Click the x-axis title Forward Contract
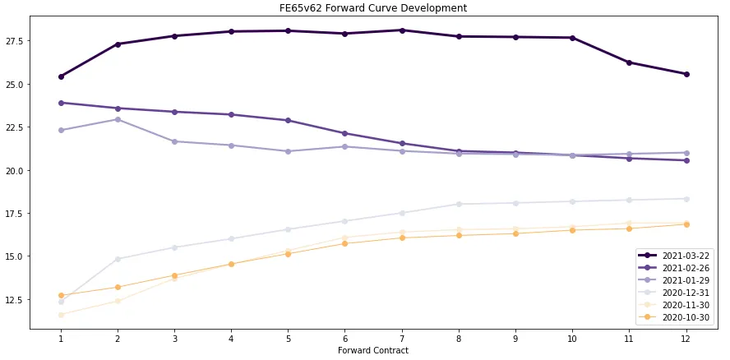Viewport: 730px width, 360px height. (372, 351)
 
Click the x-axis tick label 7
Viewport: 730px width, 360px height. (401, 338)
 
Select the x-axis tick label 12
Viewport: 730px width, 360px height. (685, 338)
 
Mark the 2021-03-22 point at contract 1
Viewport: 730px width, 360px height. (61, 76)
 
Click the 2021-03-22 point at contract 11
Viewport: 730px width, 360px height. (628, 62)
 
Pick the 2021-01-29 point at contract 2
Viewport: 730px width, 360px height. (118, 119)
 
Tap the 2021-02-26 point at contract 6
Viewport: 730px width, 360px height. (344, 133)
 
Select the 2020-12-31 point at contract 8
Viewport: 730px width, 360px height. (458, 204)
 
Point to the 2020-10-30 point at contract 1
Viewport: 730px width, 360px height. (61, 295)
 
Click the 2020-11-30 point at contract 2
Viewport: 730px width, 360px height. (118, 301)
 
